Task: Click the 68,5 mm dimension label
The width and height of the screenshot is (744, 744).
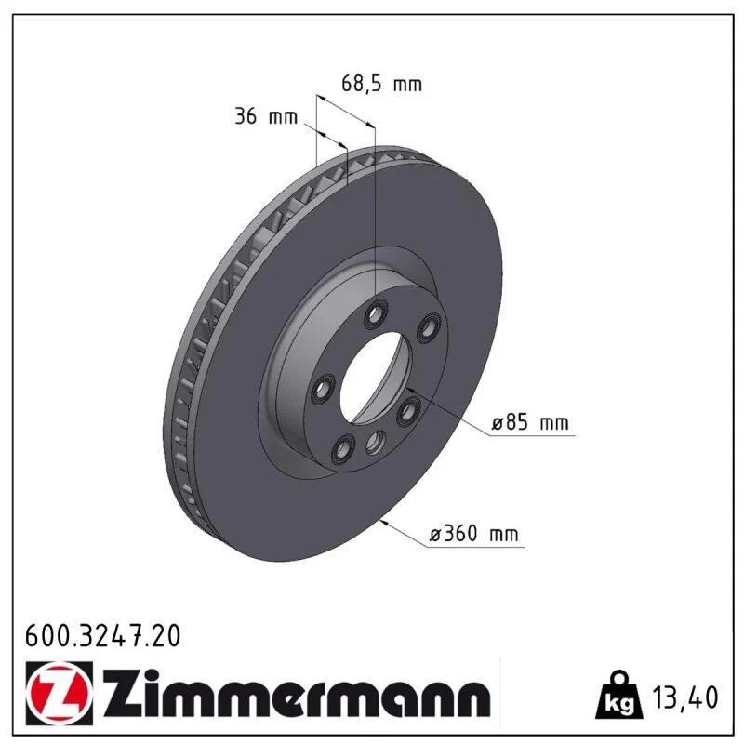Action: click(381, 84)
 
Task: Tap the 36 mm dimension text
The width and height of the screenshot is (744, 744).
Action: click(266, 116)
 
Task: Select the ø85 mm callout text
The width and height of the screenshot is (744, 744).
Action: click(530, 422)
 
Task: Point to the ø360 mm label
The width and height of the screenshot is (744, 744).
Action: click(473, 534)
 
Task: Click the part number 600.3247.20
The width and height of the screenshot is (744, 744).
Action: click(103, 636)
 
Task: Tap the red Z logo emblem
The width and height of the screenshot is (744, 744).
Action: click(60, 693)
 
